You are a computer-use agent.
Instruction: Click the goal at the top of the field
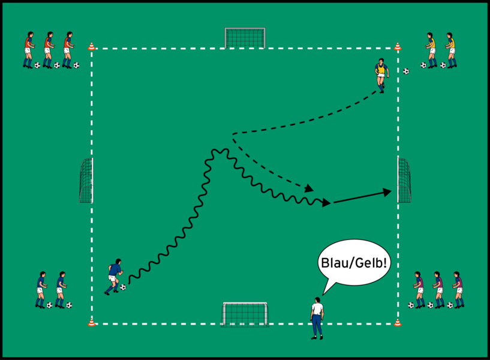coord(245,37)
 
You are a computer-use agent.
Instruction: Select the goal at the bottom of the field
coord(245,314)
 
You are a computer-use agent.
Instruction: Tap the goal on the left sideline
coord(86,180)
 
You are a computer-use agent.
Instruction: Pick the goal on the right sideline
coord(404,180)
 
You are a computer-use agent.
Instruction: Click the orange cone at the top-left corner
coord(92,46)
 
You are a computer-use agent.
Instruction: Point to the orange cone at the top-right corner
coord(398,46)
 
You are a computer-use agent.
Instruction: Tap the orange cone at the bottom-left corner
coord(91,323)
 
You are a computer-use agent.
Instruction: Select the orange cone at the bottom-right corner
coord(397,323)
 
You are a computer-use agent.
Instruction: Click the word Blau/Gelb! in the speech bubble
coord(354,263)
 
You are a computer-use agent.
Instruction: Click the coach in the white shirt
coord(316,317)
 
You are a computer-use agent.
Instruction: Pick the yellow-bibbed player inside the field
coord(381,74)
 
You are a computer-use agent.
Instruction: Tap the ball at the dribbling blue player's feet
coord(123,287)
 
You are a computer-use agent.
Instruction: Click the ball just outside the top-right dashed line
coord(406,71)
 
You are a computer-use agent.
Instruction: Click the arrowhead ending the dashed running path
coord(309,188)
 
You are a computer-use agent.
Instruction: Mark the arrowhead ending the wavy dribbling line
coord(327,203)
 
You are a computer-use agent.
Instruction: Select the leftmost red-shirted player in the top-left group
coord(28,49)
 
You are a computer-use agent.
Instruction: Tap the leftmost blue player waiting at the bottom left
coord(41,289)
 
